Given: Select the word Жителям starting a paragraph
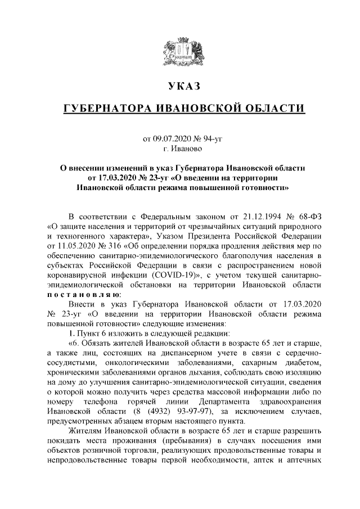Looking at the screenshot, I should [x=83, y=433].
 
